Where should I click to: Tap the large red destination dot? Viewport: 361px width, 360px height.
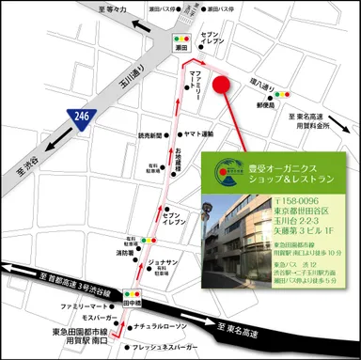223,84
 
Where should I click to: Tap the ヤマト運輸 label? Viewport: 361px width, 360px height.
199,134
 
